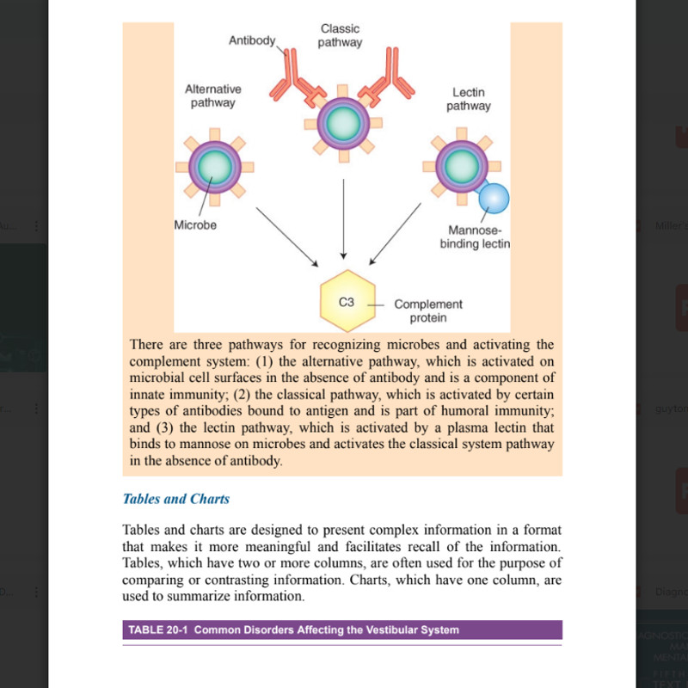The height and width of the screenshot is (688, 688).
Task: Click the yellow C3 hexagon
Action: [x=347, y=302]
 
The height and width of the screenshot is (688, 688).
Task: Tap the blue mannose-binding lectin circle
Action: [x=494, y=198]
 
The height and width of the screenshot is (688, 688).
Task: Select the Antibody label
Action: [x=251, y=40]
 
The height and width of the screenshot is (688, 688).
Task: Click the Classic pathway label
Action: [x=340, y=35]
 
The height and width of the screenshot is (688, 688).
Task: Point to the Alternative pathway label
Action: [x=212, y=95]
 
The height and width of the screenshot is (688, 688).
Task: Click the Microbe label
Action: [x=195, y=225]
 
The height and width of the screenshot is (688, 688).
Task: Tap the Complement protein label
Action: [x=427, y=310]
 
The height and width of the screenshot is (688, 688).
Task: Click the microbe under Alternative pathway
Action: [x=216, y=166]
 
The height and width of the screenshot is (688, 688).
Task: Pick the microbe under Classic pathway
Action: [x=343, y=120]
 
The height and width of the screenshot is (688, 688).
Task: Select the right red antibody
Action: [x=386, y=79]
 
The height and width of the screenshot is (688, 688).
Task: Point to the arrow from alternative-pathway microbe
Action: [x=287, y=236]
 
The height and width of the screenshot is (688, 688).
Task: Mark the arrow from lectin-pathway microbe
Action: [x=395, y=234]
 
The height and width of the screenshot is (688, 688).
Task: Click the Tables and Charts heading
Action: [x=176, y=499]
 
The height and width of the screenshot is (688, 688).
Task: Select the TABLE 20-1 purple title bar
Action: [x=342, y=630]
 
